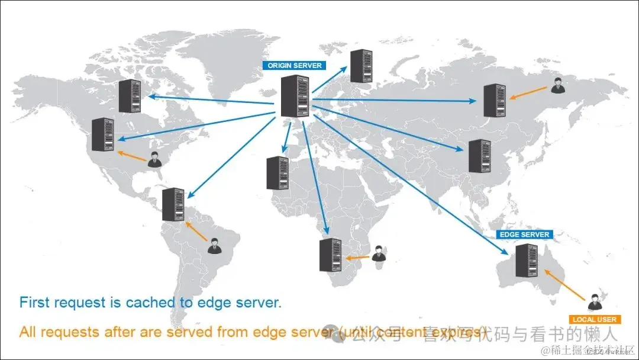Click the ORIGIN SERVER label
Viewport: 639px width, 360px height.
coord(295,66)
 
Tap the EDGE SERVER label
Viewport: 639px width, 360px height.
coord(524,234)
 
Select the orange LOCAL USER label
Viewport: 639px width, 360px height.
coord(595,320)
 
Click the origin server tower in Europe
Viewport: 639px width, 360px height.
coord(295,97)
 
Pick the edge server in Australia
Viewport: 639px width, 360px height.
coord(527,261)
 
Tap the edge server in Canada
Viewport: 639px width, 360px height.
coord(130,96)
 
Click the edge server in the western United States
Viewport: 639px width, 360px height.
coord(103,134)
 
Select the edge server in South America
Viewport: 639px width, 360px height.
coord(173,204)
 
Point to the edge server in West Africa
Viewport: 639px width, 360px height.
coord(277,173)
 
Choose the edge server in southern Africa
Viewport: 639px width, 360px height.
coord(330,255)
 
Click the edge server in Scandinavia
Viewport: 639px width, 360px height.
coord(360,66)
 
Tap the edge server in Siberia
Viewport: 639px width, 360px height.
coord(494,101)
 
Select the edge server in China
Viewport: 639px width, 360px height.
coord(479,156)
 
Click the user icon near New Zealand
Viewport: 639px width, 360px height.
coord(594,303)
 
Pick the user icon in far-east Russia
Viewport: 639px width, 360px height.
coord(557,85)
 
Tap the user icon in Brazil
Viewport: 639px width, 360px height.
coord(214,246)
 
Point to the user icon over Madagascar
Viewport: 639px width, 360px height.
coord(379,253)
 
